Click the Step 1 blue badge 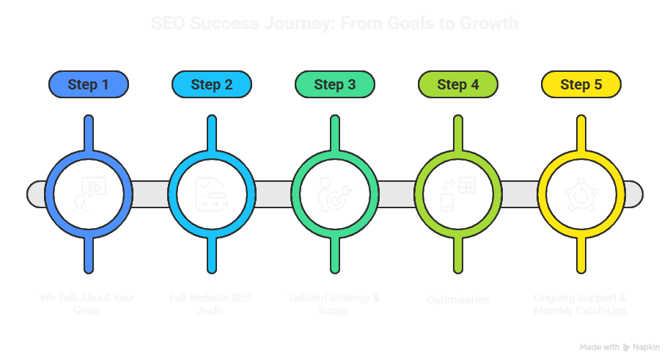coord(88,84)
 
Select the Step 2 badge coord(211,84)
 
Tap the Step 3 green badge coord(334,84)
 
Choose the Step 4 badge coord(457,84)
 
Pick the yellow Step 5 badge coord(581,84)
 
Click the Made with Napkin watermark coord(619,347)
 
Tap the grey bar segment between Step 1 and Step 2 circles coord(150,194)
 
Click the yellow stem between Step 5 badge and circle coord(581,125)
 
